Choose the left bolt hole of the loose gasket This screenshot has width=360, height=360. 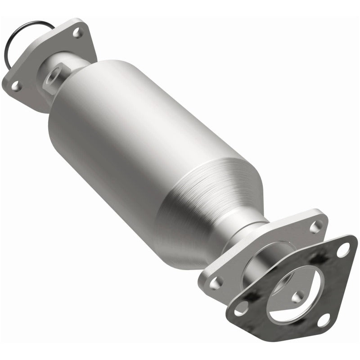[x=243, y=307]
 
